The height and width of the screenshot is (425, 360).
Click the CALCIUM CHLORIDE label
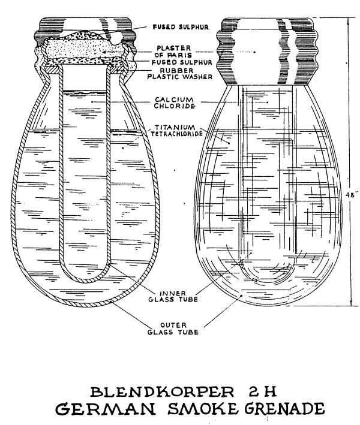(x=174, y=103)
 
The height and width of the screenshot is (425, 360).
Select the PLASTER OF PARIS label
(x=174, y=51)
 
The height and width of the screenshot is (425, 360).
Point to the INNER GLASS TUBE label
(x=173, y=296)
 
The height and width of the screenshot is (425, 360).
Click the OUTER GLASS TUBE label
(x=173, y=328)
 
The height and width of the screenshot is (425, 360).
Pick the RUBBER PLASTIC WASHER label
(x=179, y=74)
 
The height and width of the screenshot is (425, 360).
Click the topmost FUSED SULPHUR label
(x=181, y=27)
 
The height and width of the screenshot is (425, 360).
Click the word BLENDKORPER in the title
(x=162, y=392)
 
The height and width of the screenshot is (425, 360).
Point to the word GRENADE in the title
(x=284, y=408)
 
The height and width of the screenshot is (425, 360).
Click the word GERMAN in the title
(x=106, y=408)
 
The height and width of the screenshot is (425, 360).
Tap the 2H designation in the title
(x=262, y=392)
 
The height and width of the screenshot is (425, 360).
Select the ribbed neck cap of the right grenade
(x=269, y=51)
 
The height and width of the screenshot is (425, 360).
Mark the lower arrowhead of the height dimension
(x=352, y=303)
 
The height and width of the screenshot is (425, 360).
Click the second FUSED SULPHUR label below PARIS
(x=182, y=62)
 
